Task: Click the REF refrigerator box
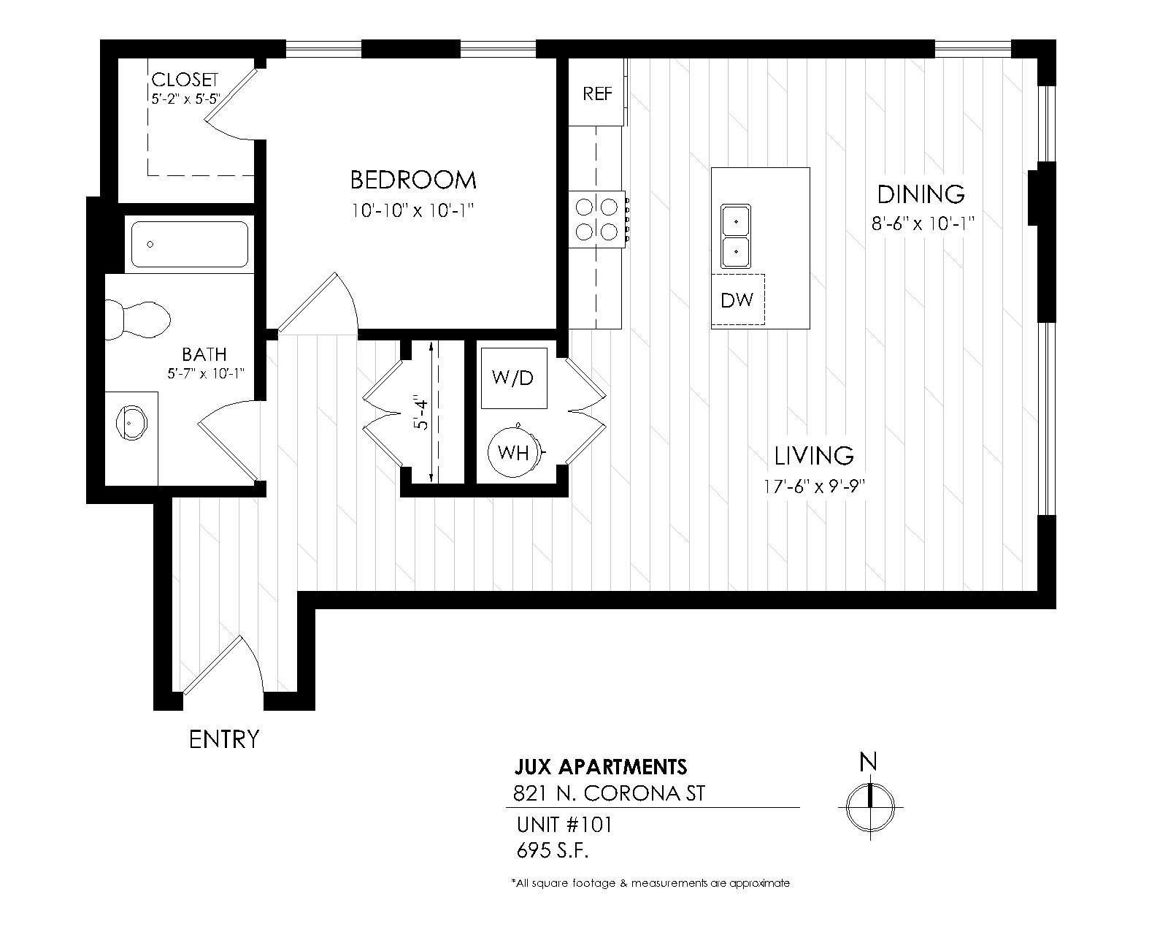pos(597,93)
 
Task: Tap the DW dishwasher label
pos(737,300)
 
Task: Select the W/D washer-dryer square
pos(513,378)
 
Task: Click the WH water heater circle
pos(513,453)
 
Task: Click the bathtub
pos(189,244)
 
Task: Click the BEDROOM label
pos(413,180)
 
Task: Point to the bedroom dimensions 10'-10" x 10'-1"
pos(413,210)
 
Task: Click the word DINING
pos(921,194)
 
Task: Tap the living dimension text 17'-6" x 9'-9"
pos(814,486)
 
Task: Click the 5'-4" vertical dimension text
pos(420,413)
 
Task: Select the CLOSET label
pos(185,80)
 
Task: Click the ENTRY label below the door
pos(223,739)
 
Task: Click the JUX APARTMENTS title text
pos(601,767)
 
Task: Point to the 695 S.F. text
pos(553,851)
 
